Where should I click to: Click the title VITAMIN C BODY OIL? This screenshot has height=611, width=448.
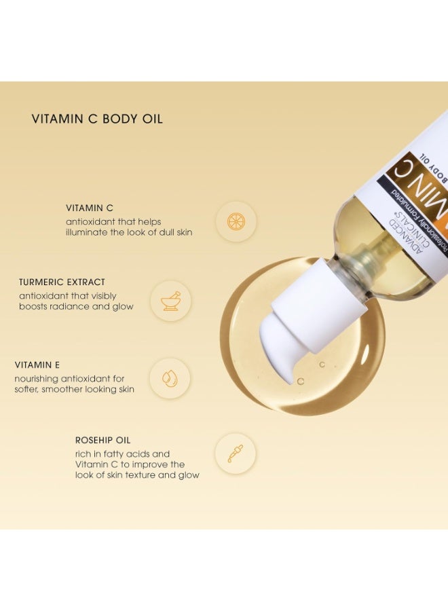coord(97,119)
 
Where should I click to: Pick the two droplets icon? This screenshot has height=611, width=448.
coord(170,378)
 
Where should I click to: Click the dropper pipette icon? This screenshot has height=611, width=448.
coord(236,453)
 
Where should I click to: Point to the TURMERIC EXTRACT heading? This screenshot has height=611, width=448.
coord(62,282)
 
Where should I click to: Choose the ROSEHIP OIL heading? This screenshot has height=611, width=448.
coord(102,441)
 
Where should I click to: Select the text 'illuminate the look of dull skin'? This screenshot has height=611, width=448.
coord(129,232)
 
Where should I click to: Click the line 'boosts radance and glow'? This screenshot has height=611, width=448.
coord(76,306)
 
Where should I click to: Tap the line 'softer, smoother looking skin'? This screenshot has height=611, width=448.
coord(75,389)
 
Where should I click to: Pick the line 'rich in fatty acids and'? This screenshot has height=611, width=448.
coord(122,453)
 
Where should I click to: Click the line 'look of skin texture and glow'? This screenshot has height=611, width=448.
coord(137,475)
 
